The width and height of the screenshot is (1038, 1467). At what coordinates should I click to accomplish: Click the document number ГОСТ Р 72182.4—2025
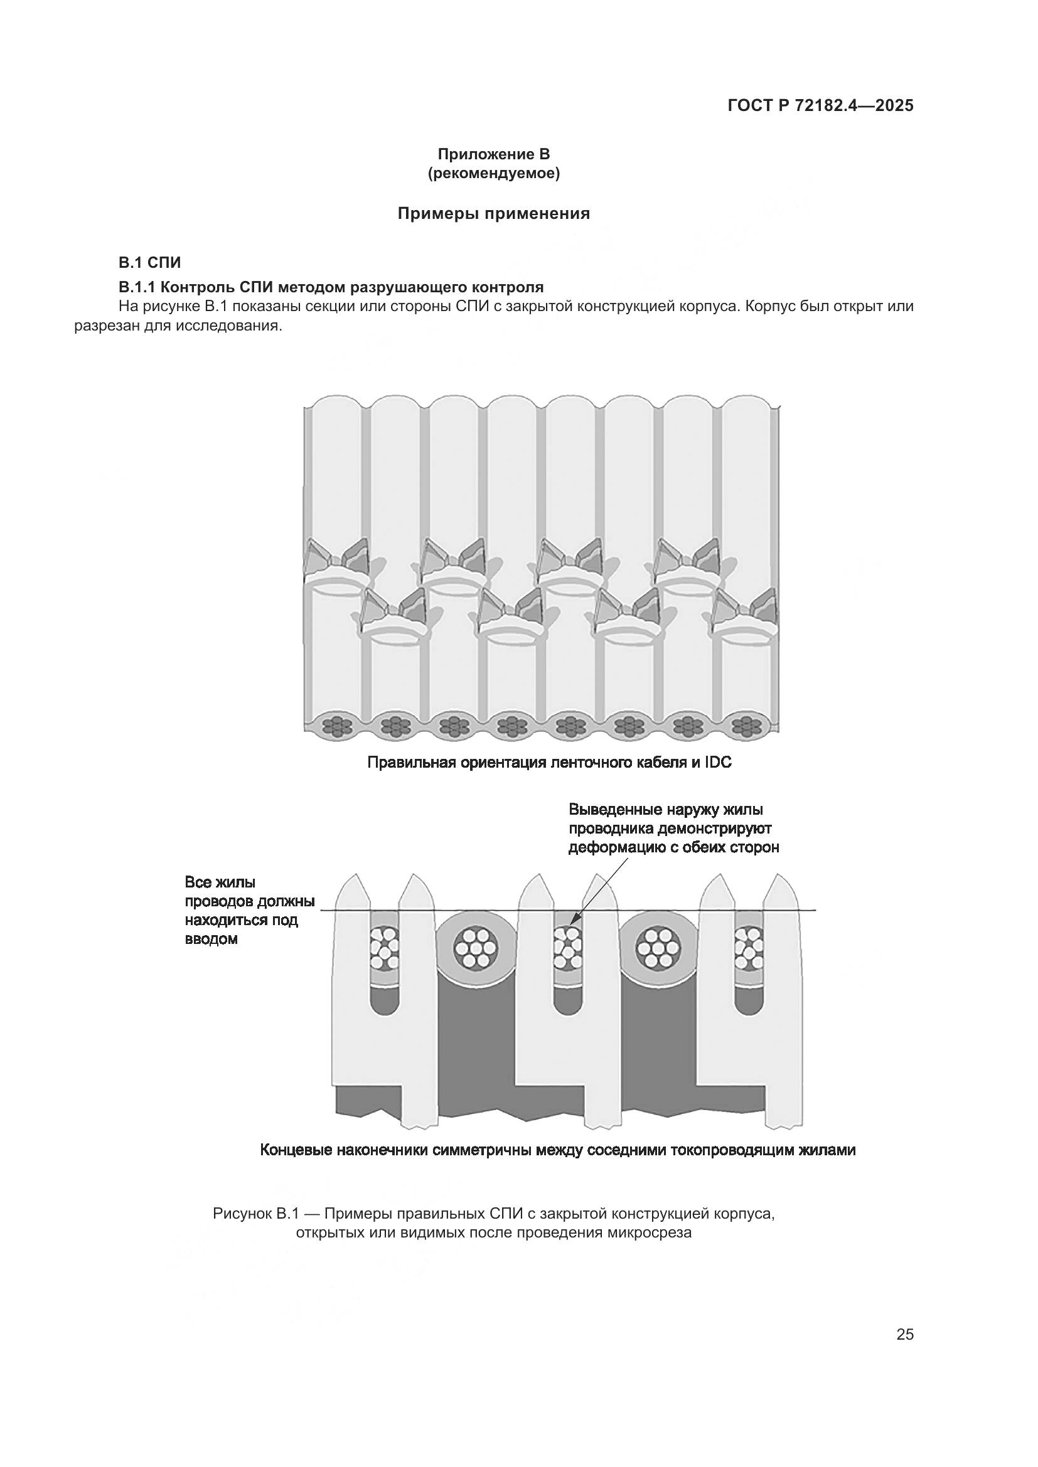coord(820,106)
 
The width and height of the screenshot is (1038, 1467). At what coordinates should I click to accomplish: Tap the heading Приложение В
coord(493,155)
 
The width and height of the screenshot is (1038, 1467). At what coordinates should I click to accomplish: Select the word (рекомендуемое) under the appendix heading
coord(493,174)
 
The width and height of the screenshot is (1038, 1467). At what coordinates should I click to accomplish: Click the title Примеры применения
coord(493,213)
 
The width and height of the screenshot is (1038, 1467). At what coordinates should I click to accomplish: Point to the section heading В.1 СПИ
coord(149,263)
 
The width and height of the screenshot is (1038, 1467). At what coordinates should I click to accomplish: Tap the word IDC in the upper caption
coord(717,762)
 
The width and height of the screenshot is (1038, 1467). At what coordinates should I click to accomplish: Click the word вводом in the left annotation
coord(211,940)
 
